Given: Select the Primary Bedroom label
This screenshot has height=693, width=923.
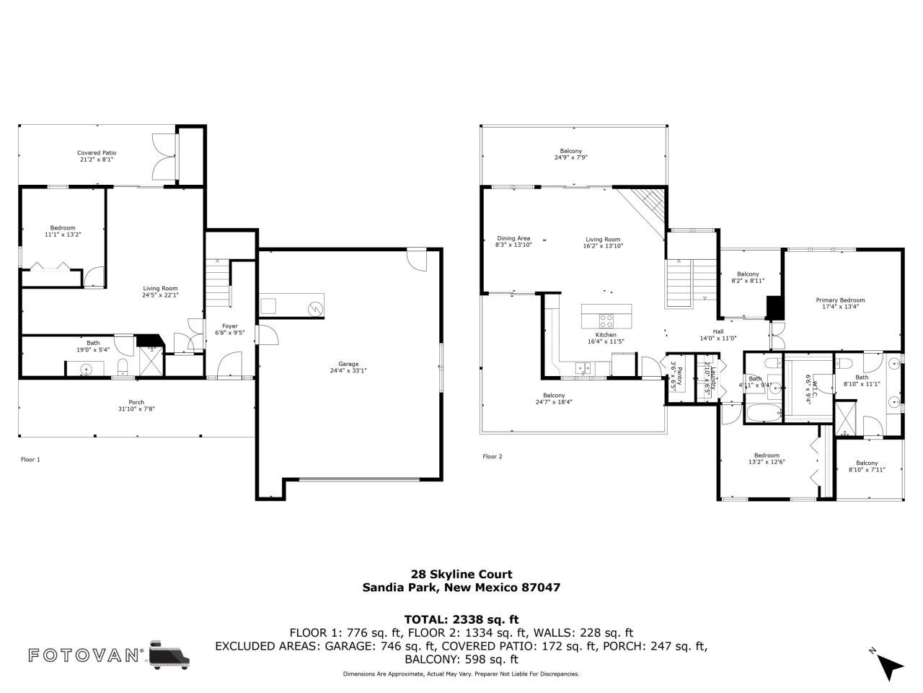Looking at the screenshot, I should coord(840,300).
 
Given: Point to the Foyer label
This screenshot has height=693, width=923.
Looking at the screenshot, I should coord(230,326).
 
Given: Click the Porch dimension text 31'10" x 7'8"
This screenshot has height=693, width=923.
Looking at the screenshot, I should coord(136,409).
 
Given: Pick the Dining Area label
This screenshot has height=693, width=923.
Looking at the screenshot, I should coord(513,238).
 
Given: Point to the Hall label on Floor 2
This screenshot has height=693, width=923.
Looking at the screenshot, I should coord(717,331).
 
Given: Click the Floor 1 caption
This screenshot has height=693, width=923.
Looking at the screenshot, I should coord(30,459).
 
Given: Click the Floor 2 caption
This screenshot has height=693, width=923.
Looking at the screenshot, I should coord(492,456).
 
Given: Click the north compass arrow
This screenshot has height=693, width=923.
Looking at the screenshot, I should coord(891,667).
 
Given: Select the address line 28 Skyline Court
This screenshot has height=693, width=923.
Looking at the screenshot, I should coord(461,575).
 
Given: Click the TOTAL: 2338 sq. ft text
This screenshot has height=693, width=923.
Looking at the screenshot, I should coord(461,619).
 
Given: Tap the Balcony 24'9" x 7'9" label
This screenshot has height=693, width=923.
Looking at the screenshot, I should coord(570,154).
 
